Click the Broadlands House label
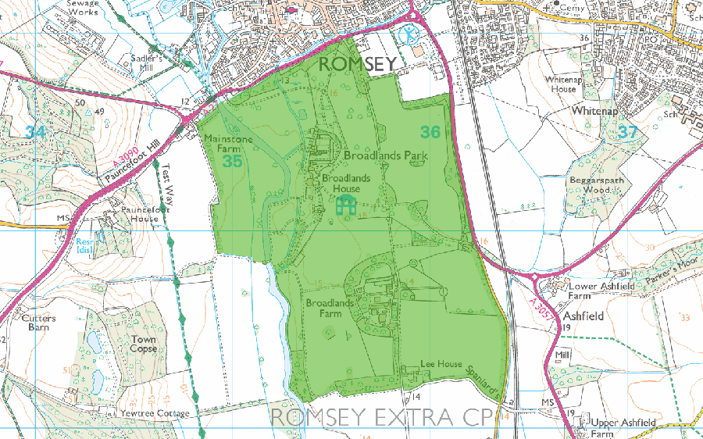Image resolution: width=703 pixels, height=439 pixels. pos(342,184)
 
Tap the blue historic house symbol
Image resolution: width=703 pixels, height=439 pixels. pos(345,206)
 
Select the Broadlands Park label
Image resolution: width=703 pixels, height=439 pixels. pos(386,155)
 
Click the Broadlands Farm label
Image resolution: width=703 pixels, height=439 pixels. pos(324,308)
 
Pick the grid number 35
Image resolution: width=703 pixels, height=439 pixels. pos(232,162)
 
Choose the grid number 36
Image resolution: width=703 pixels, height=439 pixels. pos(430,131)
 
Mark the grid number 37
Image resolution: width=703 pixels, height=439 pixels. pos(627,133)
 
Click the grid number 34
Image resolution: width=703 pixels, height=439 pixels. pos(34,133)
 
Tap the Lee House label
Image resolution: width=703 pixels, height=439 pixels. pos(441,365)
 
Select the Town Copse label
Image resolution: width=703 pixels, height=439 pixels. pos(144,344)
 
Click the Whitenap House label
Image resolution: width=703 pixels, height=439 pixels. pos(561,84)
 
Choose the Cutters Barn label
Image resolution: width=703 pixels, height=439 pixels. pos(39,323)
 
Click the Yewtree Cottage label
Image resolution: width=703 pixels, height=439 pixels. pos(154,413)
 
